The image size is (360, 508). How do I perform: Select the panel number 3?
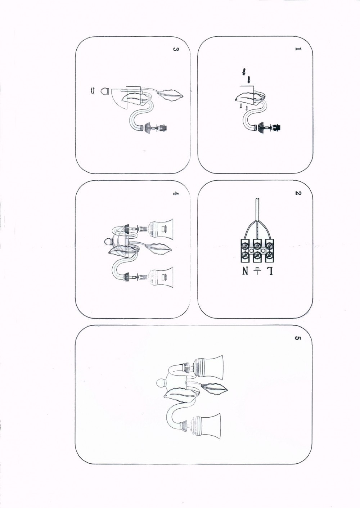[x=175, y=49]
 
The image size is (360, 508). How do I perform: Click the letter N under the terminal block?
[x=245, y=271]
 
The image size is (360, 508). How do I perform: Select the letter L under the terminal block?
[x=270, y=271]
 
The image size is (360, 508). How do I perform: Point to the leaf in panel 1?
[x=247, y=98]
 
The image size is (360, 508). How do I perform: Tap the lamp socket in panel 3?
[x=162, y=129]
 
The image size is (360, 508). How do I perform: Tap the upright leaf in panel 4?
[x=159, y=248]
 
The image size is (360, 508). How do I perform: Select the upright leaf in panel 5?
[x=215, y=388]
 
